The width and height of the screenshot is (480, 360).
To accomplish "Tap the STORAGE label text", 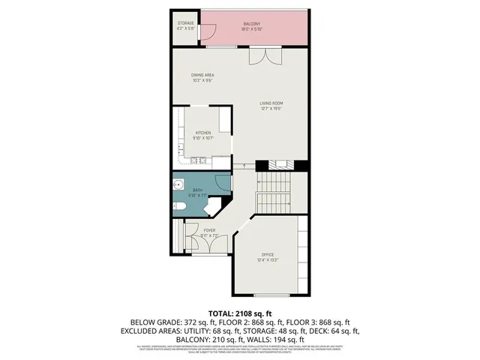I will pyautogui.click(x=185, y=23).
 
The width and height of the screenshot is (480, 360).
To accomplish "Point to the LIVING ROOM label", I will pyautogui.click(x=271, y=103).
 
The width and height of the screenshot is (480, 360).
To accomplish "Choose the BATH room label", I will pyautogui.click(x=198, y=190).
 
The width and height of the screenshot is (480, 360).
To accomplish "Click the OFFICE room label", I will pyautogui.click(x=268, y=255).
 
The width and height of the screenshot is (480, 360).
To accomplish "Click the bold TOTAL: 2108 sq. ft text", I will pyautogui.click(x=239, y=313).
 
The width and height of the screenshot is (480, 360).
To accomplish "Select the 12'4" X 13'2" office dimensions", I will pyautogui.click(x=268, y=261).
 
